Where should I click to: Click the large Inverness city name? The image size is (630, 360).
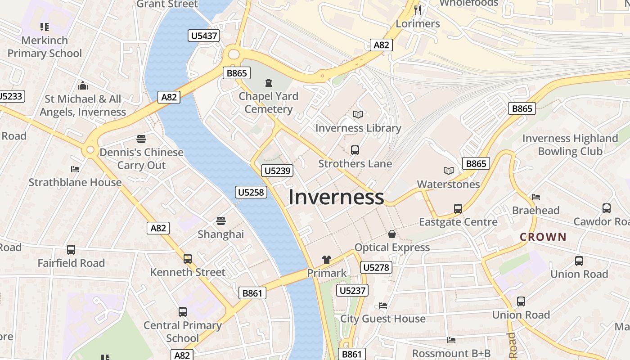pyautogui.click(x=336, y=197)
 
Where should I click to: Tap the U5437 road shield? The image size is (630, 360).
pyautogui.click(x=204, y=36)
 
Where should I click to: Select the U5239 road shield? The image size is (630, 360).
pyautogui.click(x=277, y=171)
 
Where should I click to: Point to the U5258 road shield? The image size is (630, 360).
pyautogui.click(x=251, y=192)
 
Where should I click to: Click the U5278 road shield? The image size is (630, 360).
pyautogui.click(x=376, y=268)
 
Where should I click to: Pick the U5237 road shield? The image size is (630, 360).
pyautogui.click(x=352, y=290)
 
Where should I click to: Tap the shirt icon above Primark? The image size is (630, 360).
pyautogui.click(x=326, y=260)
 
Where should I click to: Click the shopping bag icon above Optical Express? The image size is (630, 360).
pyautogui.click(x=392, y=234)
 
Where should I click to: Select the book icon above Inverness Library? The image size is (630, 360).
pyautogui.click(x=358, y=115)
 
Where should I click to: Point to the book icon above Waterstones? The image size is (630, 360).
pyautogui.click(x=448, y=171)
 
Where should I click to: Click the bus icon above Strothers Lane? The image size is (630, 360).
pyautogui.click(x=355, y=150)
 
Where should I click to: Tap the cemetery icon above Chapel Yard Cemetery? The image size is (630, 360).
pyautogui.click(x=269, y=83)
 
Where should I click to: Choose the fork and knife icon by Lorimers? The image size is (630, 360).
pyautogui.click(x=418, y=10)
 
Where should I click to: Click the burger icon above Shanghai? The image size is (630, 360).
pyautogui.click(x=220, y=221)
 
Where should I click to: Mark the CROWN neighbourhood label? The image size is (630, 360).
pyautogui.click(x=543, y=237)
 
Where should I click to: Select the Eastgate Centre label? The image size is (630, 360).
pyautogui.click(x=458, y=222)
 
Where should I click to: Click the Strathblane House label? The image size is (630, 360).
pyautogui.click(x=75, y=182)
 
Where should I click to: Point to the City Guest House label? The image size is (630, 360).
pyautogui.click(x=382, y=319)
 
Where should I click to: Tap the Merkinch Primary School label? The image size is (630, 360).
pyautogui.click(x=45, y=47)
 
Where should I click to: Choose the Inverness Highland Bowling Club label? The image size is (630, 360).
pyautogui.click(x=570, y=145)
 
